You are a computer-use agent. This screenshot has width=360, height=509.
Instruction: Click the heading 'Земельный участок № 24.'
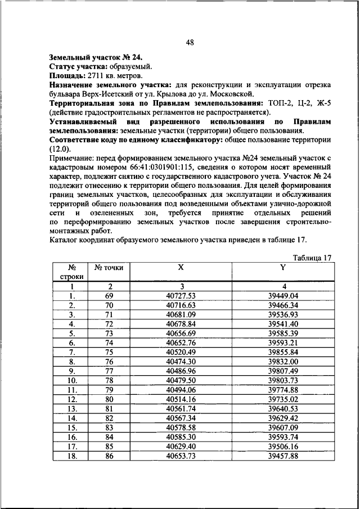point(96,57)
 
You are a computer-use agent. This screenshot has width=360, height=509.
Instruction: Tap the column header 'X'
point(181,268)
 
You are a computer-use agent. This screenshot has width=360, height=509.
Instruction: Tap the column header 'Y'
point(283,268)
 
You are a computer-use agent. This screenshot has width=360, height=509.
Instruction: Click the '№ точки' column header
point(109,268)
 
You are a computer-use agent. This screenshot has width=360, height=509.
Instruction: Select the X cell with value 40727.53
point(181,296)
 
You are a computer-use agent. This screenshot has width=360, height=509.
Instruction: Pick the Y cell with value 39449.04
point(283,296)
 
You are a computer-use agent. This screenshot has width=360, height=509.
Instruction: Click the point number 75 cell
point(109,352)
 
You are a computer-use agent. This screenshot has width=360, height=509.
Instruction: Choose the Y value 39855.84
point(283,352)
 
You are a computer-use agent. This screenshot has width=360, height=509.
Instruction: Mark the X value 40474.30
point(181,361)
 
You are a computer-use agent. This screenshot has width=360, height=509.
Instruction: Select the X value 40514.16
point(181,399)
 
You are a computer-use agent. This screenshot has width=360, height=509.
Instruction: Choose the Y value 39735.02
point(283,399)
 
